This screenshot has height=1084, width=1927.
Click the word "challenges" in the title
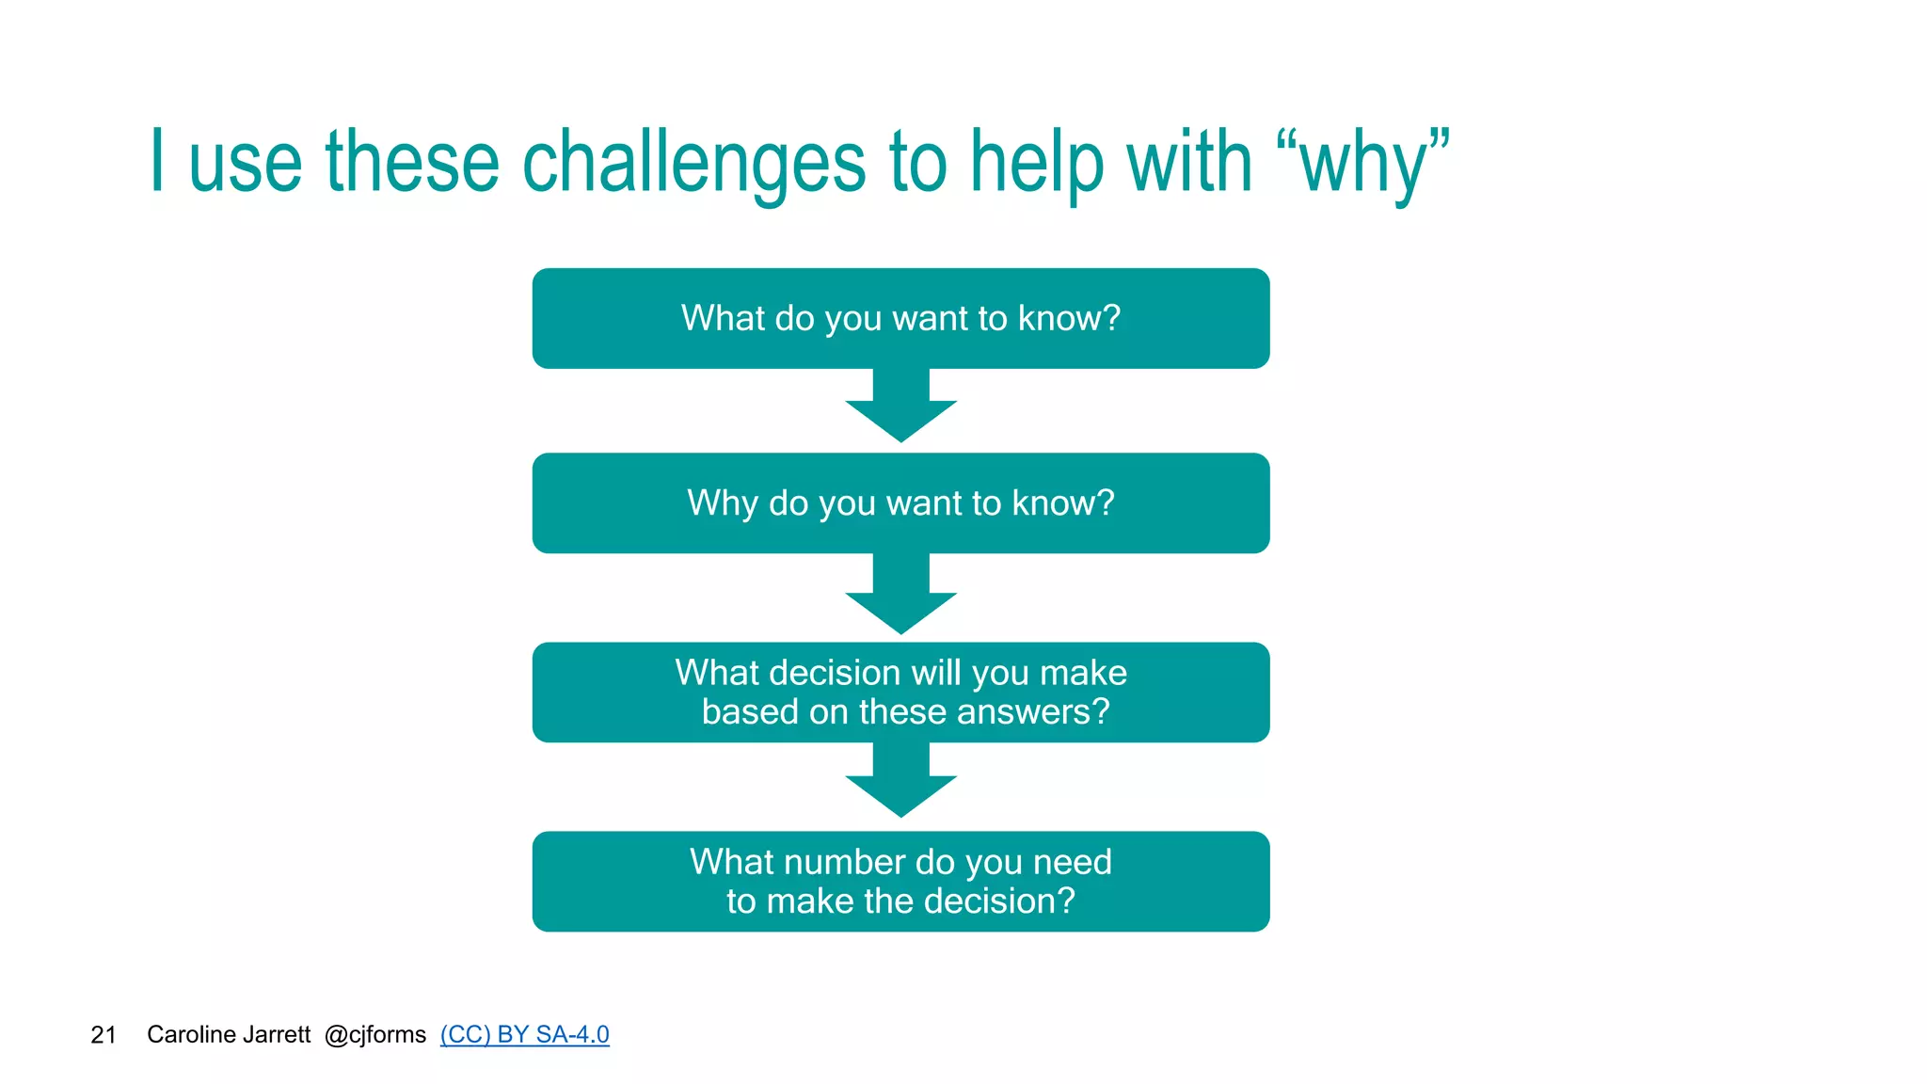693,163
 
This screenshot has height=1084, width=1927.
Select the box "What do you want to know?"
900,318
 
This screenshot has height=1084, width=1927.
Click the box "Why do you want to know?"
900,503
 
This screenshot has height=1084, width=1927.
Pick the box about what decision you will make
900,693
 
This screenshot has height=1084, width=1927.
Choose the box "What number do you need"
900,882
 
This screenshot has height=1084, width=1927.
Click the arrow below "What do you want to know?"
900,407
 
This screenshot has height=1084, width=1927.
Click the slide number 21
104,1035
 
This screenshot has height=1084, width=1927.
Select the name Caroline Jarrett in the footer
229,1035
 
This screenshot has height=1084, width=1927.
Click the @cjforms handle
375,1035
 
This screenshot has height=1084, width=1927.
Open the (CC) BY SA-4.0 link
524,1035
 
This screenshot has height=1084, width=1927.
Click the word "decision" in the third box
829,673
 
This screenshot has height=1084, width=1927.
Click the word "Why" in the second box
723,503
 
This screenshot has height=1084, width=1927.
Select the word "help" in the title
1036,163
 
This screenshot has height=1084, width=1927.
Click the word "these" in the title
412,163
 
